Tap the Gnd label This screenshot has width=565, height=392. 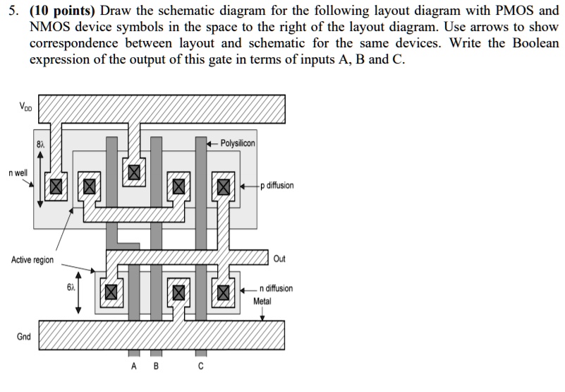coord(23,336)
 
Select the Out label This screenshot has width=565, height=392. coord(279,259)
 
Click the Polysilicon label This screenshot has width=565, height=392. coord(238,143)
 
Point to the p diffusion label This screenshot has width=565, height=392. coord(277,186)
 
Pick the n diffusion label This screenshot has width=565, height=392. coord(276,289)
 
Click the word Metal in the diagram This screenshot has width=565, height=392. coord(262,301)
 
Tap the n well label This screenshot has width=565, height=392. coord(18,172)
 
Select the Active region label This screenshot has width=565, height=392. coord(32,260)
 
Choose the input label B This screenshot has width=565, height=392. coord(156,367)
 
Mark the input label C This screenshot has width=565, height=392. coord(201,367)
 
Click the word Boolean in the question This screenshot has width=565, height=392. coord(536,43)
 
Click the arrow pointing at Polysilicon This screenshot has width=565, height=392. coord(211,143)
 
